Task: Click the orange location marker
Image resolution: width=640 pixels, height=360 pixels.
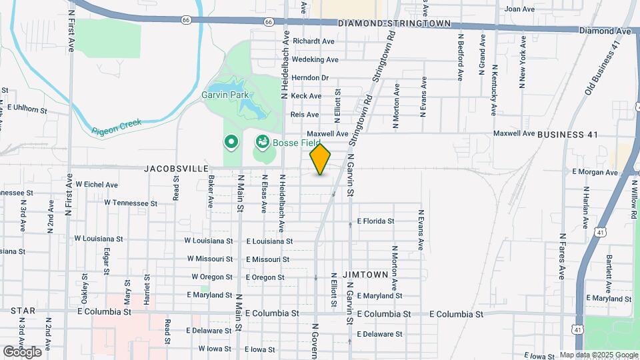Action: coord(321,159)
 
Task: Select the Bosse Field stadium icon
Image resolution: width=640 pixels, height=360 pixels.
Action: coord(262,141)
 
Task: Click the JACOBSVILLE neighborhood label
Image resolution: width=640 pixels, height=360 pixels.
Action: coord(175,169)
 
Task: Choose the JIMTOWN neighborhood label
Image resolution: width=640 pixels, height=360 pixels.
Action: coord(365,274)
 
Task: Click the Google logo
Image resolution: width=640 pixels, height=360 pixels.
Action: coord(22,351)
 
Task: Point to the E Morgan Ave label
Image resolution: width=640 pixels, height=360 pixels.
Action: coord(595,171)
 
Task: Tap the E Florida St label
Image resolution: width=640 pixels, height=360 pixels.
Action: coord(376,221)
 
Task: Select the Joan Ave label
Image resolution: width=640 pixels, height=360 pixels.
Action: coord(520,9)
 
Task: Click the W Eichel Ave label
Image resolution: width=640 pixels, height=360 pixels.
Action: coord(97,184)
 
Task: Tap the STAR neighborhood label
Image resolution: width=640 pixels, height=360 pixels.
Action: coord(23,311)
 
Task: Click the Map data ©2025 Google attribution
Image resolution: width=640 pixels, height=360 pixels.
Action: coord(599,355)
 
